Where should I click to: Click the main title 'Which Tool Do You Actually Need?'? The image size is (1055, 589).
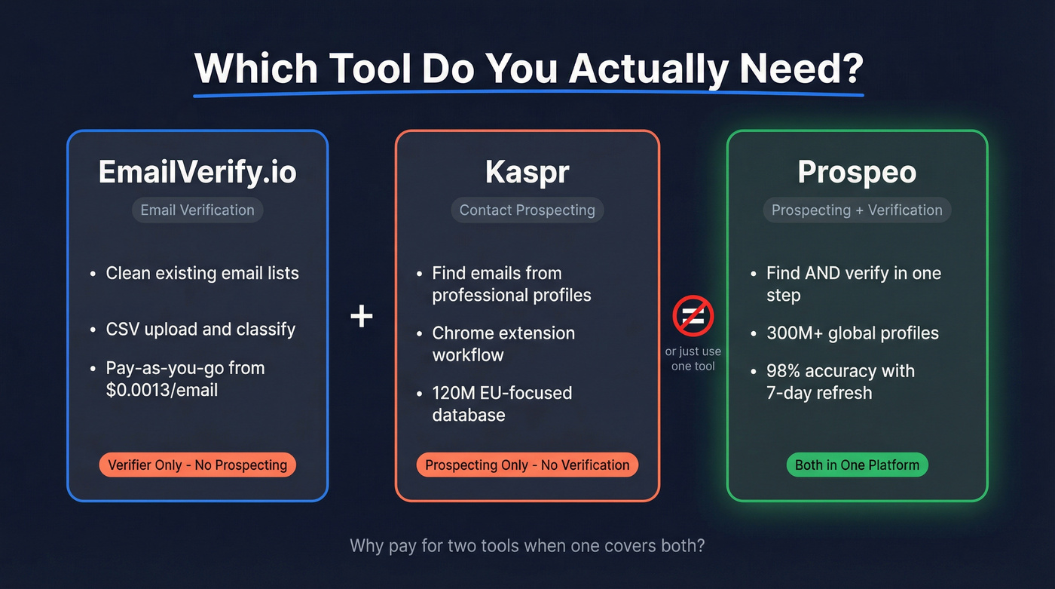[x=528, y=69]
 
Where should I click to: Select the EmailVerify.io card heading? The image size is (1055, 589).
[x=197, y=172]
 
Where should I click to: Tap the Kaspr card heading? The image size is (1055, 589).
[x=527, y=172]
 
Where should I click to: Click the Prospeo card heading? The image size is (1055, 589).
[x=857, y=172]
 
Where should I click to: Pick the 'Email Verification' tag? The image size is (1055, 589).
[x=197, y=210]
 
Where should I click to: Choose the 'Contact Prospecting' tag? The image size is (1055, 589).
[x=527, y=210]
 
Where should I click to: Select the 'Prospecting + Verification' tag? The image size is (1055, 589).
[x=857, y=210]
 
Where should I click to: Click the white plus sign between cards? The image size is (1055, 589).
[x=362, y=316]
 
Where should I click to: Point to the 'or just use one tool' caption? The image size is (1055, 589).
[x=693, y=358]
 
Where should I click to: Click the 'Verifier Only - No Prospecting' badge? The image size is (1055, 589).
[x=197, y=465]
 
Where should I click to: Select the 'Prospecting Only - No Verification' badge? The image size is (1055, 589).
[x=527, y=465]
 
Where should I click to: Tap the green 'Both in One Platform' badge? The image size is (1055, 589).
[x=857, y=465]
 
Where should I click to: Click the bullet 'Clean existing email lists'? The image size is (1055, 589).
[x=202, y=273]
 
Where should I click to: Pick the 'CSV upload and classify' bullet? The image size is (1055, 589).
[x=200, y=330]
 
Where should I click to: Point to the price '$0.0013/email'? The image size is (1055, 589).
[x=161, y=391]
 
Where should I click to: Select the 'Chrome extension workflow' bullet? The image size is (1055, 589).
[x=503, y=344]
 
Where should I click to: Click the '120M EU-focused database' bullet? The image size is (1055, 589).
[x=501, y=403]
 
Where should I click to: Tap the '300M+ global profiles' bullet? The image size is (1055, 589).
[x=852, y=333]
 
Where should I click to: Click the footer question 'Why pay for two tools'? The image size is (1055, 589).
[x=527, y=545]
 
